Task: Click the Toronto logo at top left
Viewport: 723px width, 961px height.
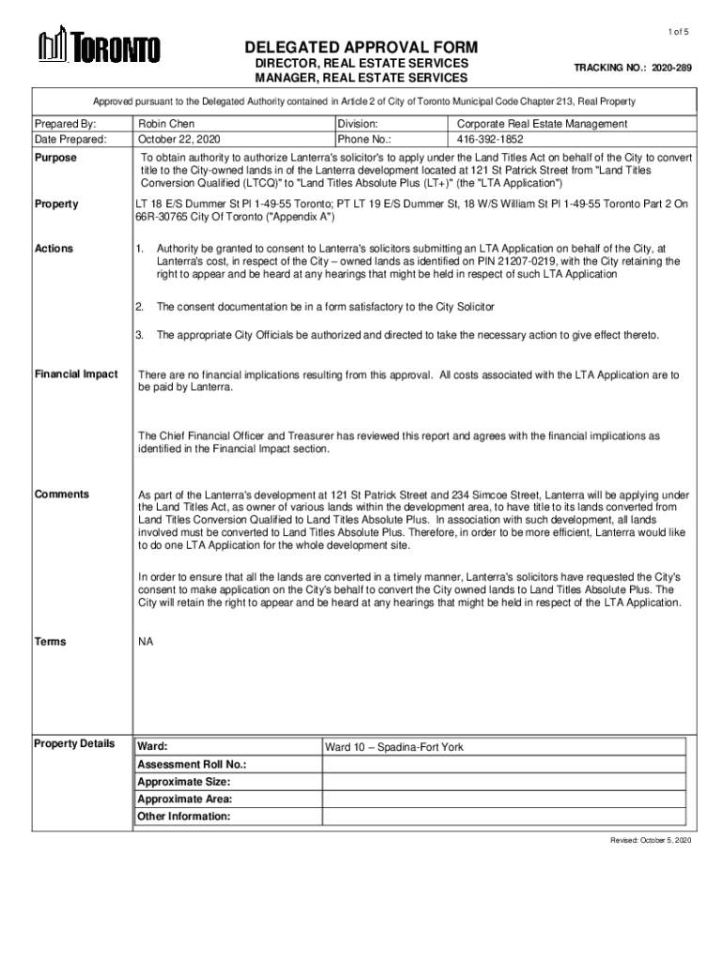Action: tap(99, 47)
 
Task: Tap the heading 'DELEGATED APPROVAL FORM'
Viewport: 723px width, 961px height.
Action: tap(361, 48)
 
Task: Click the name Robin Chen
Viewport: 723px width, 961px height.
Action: tap(166, 124)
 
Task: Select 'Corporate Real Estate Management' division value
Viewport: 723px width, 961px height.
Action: tap(542, 124)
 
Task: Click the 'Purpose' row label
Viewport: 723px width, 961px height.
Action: tap(55, 158)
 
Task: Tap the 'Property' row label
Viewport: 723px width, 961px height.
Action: tap(56, 204)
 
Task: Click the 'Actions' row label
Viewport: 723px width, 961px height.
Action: tap(54, 249)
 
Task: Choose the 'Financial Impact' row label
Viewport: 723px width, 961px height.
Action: tap(76, 374)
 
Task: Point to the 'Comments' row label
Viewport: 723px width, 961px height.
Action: tap(62, 494)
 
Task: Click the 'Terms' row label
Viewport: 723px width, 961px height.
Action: tap(51, 641)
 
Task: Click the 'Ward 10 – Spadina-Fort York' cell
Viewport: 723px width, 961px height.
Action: tap(394, 747)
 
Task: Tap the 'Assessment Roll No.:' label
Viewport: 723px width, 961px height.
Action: tap(192, 765)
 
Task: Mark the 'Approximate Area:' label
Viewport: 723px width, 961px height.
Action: tap(185, 799)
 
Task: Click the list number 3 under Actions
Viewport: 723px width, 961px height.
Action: tap(139, 335)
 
